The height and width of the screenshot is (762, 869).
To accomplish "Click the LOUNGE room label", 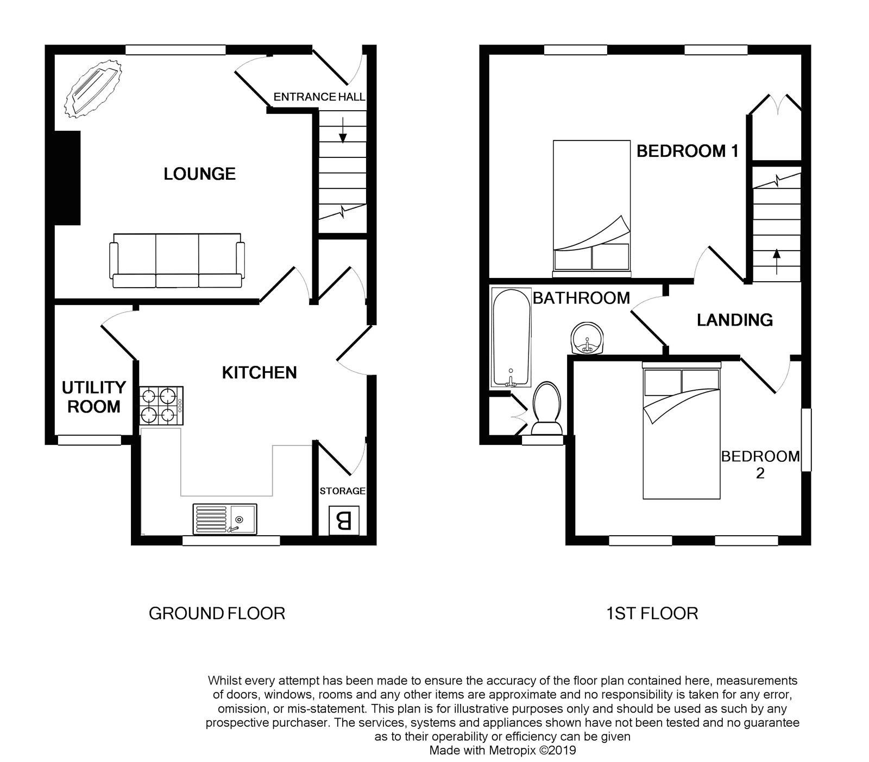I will click(199, 174).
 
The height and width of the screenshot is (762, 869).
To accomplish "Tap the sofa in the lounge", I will click(177, 261).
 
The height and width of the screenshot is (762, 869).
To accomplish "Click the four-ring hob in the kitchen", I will click(161, 405).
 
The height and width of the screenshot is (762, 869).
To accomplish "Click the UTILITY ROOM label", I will click(93, 397).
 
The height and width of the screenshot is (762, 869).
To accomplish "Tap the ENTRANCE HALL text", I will click(319, 97).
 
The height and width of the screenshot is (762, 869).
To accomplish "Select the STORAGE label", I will click(342, 491).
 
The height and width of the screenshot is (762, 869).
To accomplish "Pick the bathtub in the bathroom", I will click(510, 337).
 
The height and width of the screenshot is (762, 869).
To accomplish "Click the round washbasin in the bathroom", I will click(587, 339).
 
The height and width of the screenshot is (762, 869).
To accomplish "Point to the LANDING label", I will click(734, 320).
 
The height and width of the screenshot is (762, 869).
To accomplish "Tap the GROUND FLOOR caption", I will click(217, 613).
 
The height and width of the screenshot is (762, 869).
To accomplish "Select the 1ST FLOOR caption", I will click(651, 613).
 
